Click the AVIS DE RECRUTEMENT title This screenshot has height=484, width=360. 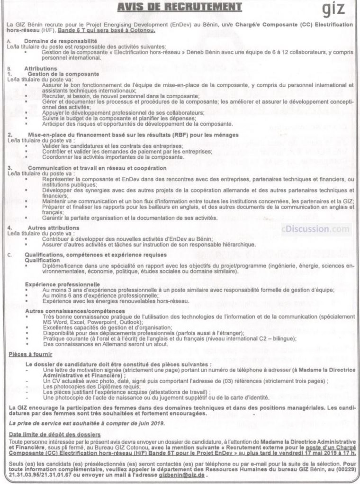click(180, 7)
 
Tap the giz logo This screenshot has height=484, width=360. click(334, 9)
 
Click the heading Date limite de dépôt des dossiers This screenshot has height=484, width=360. click(54, 434)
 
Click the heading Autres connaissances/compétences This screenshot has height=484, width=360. click(71, 310)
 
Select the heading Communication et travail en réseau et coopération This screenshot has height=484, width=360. click(97, 168)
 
